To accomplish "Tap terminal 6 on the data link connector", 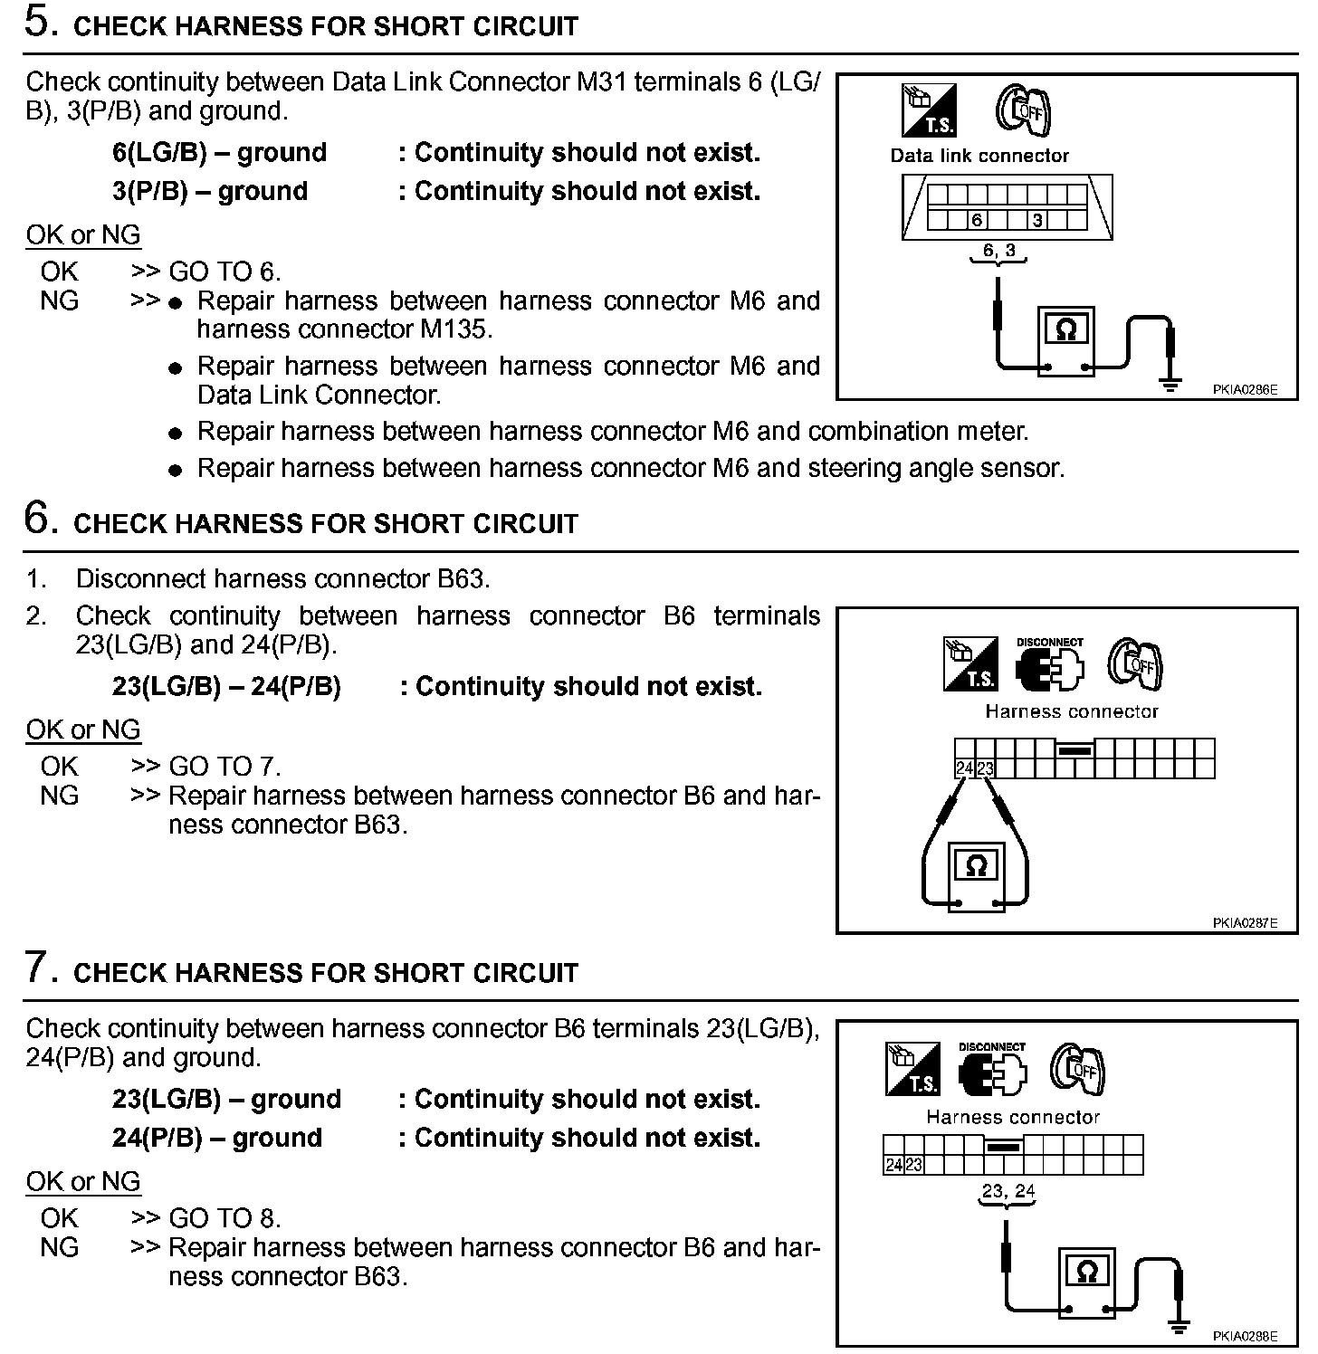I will coord(976,220).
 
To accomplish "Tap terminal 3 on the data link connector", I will coord(1037,220).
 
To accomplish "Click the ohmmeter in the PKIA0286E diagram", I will coord(1065,340).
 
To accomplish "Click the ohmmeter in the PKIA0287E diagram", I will coord(976,873).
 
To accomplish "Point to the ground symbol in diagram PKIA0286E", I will coord(1170,384).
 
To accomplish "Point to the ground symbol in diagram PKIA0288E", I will coord(1178,1327).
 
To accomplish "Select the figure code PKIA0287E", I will coord(1245,923).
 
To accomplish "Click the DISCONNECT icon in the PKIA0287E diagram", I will coord(1050,664).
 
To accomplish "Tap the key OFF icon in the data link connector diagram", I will coord(1023,110).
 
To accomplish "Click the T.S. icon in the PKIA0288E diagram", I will coord(912,1068).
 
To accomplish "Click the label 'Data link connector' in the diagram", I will coord(979,156).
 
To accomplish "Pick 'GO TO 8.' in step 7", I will coord(224,1218).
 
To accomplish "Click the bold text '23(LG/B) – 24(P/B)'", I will coord(226,687).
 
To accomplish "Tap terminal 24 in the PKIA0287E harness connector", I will coord(964,769).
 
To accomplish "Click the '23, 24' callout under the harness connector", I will coord(1008,1191).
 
